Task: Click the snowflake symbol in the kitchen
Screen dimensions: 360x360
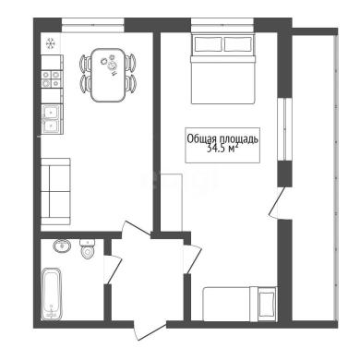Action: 51,43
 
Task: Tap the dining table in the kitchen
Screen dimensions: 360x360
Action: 108,75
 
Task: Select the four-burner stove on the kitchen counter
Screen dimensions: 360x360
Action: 51,78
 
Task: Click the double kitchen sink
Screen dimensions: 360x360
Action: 52,119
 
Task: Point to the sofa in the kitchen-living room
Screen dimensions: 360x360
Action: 55,191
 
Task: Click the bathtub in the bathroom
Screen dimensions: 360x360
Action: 52,294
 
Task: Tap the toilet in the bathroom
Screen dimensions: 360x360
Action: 88,248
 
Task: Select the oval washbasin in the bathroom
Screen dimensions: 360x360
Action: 62,246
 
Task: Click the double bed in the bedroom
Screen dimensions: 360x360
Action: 223,69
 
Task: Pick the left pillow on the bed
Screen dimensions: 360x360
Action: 208,44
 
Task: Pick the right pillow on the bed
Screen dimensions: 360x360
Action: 238,44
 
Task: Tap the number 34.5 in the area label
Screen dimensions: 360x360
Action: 216,150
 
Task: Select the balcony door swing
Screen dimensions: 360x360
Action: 277,203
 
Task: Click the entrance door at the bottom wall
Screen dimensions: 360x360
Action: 150,330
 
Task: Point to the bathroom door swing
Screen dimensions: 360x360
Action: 113,270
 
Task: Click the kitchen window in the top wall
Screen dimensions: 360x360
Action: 93,25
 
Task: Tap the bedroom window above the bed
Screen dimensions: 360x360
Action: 222,25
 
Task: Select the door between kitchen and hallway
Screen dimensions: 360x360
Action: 137,229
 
